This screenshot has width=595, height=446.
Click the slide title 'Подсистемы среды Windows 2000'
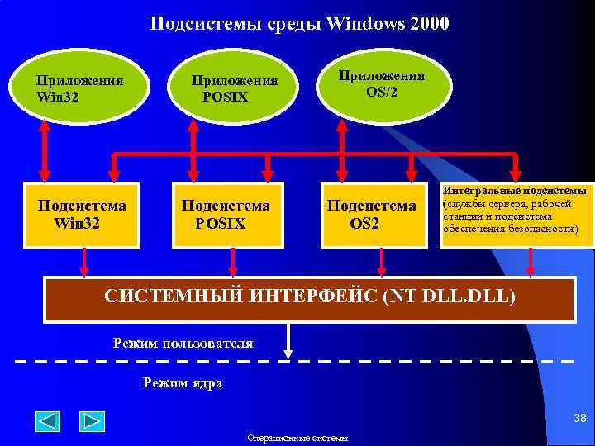click(299, 23)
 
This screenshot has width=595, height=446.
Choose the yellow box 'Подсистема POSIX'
click(226, 214)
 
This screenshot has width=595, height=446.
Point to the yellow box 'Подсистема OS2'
click(371, 214)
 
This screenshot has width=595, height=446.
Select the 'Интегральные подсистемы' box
click(516, 214)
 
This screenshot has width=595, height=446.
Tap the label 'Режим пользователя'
click(183, 343)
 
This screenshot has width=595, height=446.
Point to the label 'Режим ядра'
click(182, 383)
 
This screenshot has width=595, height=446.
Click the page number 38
click(579, 419)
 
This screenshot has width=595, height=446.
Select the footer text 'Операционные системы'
click(297, 438)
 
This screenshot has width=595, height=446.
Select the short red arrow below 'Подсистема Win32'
click(83, 262)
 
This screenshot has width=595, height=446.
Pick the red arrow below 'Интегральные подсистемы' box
click(531, 262)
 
